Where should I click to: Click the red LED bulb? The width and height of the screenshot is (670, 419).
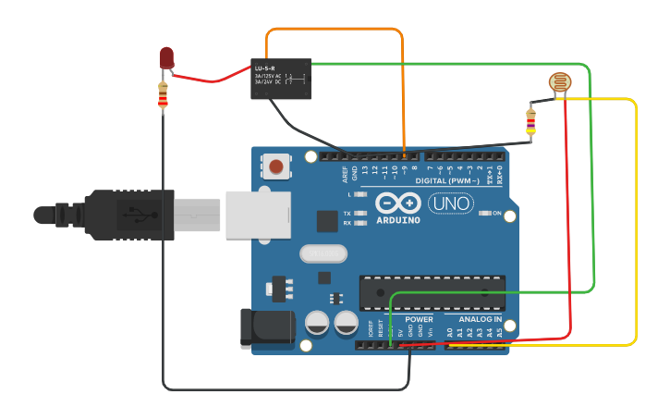166,57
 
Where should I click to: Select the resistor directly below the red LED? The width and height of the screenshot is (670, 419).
164,94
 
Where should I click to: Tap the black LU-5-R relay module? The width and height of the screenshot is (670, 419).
280,80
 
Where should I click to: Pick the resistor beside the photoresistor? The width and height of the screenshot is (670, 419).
530,121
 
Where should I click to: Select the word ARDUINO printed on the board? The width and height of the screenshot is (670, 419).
397,220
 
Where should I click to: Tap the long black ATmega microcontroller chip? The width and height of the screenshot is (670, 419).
432,290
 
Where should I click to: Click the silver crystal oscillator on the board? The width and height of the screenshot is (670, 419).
322,253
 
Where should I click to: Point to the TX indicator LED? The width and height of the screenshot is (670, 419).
360,213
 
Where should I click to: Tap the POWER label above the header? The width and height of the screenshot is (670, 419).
419,319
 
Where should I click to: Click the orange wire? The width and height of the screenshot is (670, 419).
335,30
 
